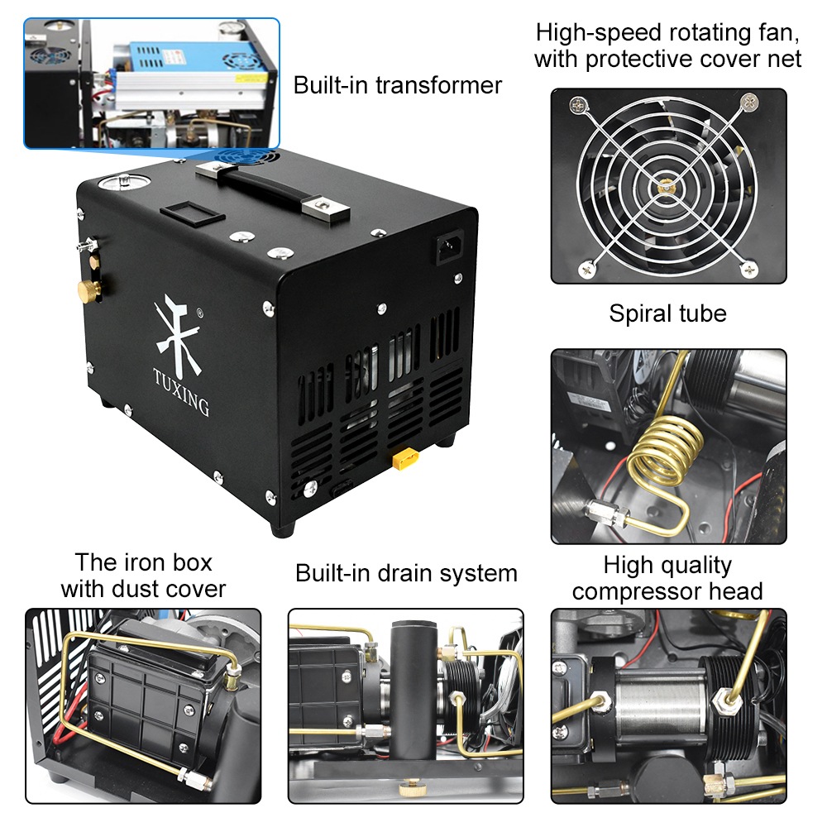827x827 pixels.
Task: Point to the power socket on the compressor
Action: pos(450,247)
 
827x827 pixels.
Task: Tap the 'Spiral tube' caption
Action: pos(667,314)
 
